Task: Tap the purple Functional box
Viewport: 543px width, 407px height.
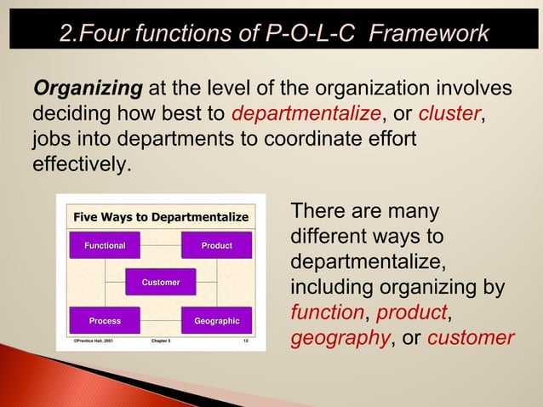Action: pyautogui.click(x=105, y=245)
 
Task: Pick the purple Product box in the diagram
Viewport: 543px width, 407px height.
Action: pyautogui.click(x=216, y=245)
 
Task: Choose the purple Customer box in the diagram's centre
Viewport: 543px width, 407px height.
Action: pyautogui.click(x=161, y=282)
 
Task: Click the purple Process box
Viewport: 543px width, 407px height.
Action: pyautogui.click(x=105, y=320)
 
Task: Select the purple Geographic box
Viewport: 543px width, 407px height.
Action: pyautogui.click(x=216, y=320)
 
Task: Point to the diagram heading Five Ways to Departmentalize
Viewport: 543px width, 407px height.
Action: pyautogui.click(x=161, y=217)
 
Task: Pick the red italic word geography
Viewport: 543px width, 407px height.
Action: pyautogui.click(x=337, y=338)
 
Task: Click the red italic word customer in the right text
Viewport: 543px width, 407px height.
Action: pyautogui.click(x=471, y=338)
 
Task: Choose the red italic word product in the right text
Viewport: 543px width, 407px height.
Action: pyautogui.click(x=411, y=313)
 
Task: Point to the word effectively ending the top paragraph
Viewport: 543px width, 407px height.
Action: pyautogui.click(x=81, y=162)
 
